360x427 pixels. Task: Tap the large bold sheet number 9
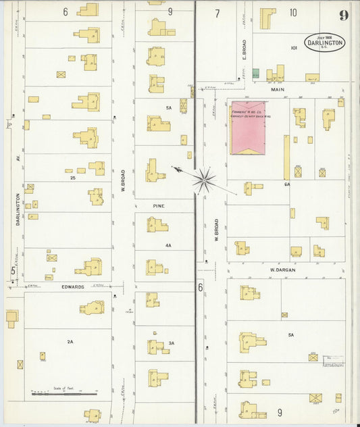pyautogui.click(x=344, y=16)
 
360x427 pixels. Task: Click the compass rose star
pyautogui.click(x=203, y=180)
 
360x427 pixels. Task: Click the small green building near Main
pyautogui.click(x=255, y=73)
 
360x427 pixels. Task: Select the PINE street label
pyautogui.click(x=158, y=205)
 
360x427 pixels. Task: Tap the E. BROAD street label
pyautogui.click(x=245, y=49)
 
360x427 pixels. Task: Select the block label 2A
pyautogui.click(x=70, y=342)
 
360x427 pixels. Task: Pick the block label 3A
pyautogui.click(x=172, y=343)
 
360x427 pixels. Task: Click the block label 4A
pyautogui.click(x=168, y=245)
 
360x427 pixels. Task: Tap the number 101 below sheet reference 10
pyautogui.click(x=294, y=48)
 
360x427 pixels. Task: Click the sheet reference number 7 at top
pyautogui.click(x=217, y=13)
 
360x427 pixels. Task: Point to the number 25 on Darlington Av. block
pyautogui.click(x=72, y=178)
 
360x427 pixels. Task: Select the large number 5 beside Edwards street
pyautogui.click(x=12, y=272)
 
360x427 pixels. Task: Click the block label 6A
pyautogui.click(x=287, y=184)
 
